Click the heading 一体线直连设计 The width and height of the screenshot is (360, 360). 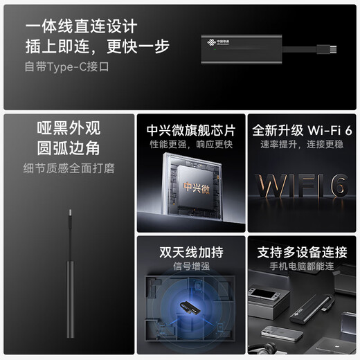tap(81, 27)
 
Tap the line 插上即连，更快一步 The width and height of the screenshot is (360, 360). tap(98, 47)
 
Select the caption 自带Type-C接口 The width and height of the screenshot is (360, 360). tap(67, 67)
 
